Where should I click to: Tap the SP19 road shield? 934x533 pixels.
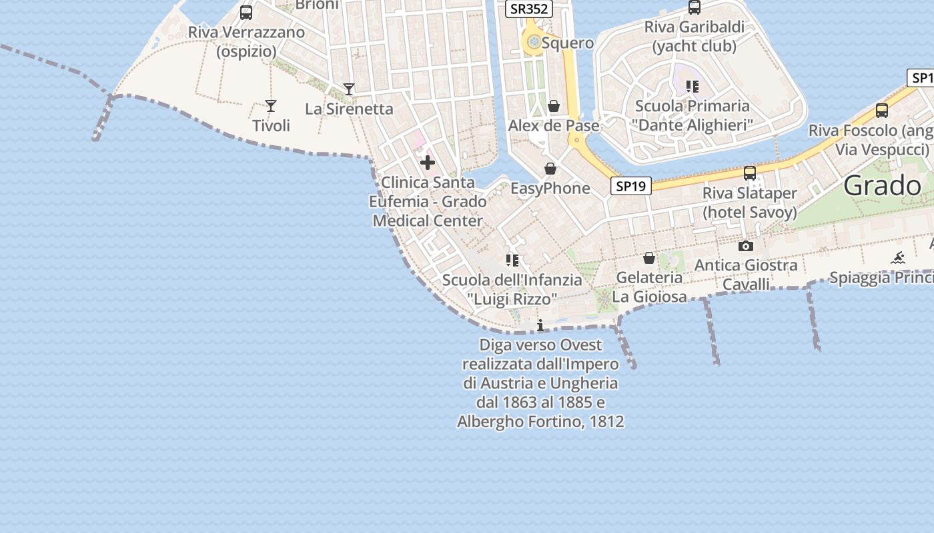point(630,186)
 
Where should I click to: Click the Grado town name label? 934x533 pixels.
point(882,186)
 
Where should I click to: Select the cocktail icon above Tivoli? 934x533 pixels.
point(270,105)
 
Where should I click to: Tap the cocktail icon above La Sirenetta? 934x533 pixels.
point(348,89)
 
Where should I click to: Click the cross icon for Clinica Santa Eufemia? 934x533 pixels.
point(428,163)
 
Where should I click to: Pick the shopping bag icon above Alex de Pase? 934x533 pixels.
point(553,106)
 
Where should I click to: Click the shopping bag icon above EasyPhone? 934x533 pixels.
point(550,169)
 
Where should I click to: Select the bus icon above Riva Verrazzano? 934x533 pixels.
point(246,12)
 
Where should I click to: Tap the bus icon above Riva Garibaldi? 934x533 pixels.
point(694,7)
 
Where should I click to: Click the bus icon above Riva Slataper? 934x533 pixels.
point(750,173)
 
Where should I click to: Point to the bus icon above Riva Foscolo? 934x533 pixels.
point(882,111)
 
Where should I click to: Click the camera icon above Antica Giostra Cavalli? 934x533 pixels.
point(746,246)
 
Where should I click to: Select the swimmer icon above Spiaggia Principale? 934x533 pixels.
point(898,258)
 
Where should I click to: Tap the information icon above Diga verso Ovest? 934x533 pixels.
point(540,325)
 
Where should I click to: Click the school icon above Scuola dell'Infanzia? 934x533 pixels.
point(512,260)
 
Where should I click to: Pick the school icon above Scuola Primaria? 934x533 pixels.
point(692,86)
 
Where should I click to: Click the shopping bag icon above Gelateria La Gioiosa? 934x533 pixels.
point(649,258)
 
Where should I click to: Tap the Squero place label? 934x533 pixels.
point(568,43)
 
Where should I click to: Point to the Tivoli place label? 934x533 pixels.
point(271,125)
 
